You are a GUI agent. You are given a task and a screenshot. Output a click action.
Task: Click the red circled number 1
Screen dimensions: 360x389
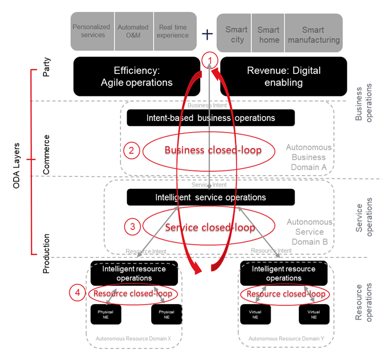click(210, 59)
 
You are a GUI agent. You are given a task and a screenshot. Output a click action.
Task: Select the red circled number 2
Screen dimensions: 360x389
click(131, 151)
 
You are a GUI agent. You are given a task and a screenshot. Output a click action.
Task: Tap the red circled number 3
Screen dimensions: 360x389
click(132, 226)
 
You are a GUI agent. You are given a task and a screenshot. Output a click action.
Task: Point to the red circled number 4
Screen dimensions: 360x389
click(77, 293)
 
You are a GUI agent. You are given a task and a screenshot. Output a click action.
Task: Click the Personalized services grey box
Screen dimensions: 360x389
click(92, 31)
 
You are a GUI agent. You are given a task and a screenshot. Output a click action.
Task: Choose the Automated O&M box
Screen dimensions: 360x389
click(133, 31)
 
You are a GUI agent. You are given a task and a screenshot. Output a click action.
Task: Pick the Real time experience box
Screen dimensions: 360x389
click(174, 31)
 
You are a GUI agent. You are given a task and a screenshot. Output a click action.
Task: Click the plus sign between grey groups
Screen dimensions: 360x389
click(208, 34)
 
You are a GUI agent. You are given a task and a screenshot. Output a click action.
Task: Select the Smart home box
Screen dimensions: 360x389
click(268, 34)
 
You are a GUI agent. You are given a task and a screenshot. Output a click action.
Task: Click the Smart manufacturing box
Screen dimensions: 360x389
click(313, 34)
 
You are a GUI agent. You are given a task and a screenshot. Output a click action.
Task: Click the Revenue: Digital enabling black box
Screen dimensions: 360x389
click(284, 76)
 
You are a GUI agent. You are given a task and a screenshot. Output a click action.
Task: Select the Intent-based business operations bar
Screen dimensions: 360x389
click(211, 118)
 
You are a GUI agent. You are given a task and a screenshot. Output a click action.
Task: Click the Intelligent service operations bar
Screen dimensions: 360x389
click(211, 197)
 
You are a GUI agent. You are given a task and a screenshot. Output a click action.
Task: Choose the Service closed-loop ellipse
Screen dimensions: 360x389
click(210, 227)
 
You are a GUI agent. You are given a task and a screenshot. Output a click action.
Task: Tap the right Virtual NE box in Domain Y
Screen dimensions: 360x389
click(314, 315)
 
